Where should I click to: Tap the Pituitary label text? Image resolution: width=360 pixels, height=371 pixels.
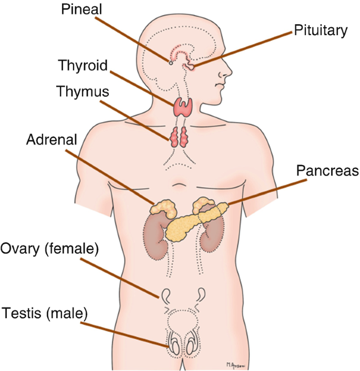coord(321,30)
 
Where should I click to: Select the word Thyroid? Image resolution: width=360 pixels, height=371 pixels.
coord(83,66)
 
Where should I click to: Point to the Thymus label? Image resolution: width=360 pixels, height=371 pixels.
coord(83,91)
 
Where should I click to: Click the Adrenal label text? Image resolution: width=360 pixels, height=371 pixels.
coord(52,139)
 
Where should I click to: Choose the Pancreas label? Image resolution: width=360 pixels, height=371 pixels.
coord(327,171)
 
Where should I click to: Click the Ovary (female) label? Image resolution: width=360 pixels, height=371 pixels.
coord(50,248)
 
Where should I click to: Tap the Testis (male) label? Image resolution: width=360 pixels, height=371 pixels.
coord(45,314)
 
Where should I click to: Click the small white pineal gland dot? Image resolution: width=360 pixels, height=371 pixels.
coord(170,63)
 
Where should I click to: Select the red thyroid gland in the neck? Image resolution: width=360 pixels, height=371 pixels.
coord(183,107)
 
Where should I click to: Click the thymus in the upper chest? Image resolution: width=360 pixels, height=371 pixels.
coord(179,137)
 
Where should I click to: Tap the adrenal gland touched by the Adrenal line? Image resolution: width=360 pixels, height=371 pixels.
coord(163,207)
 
